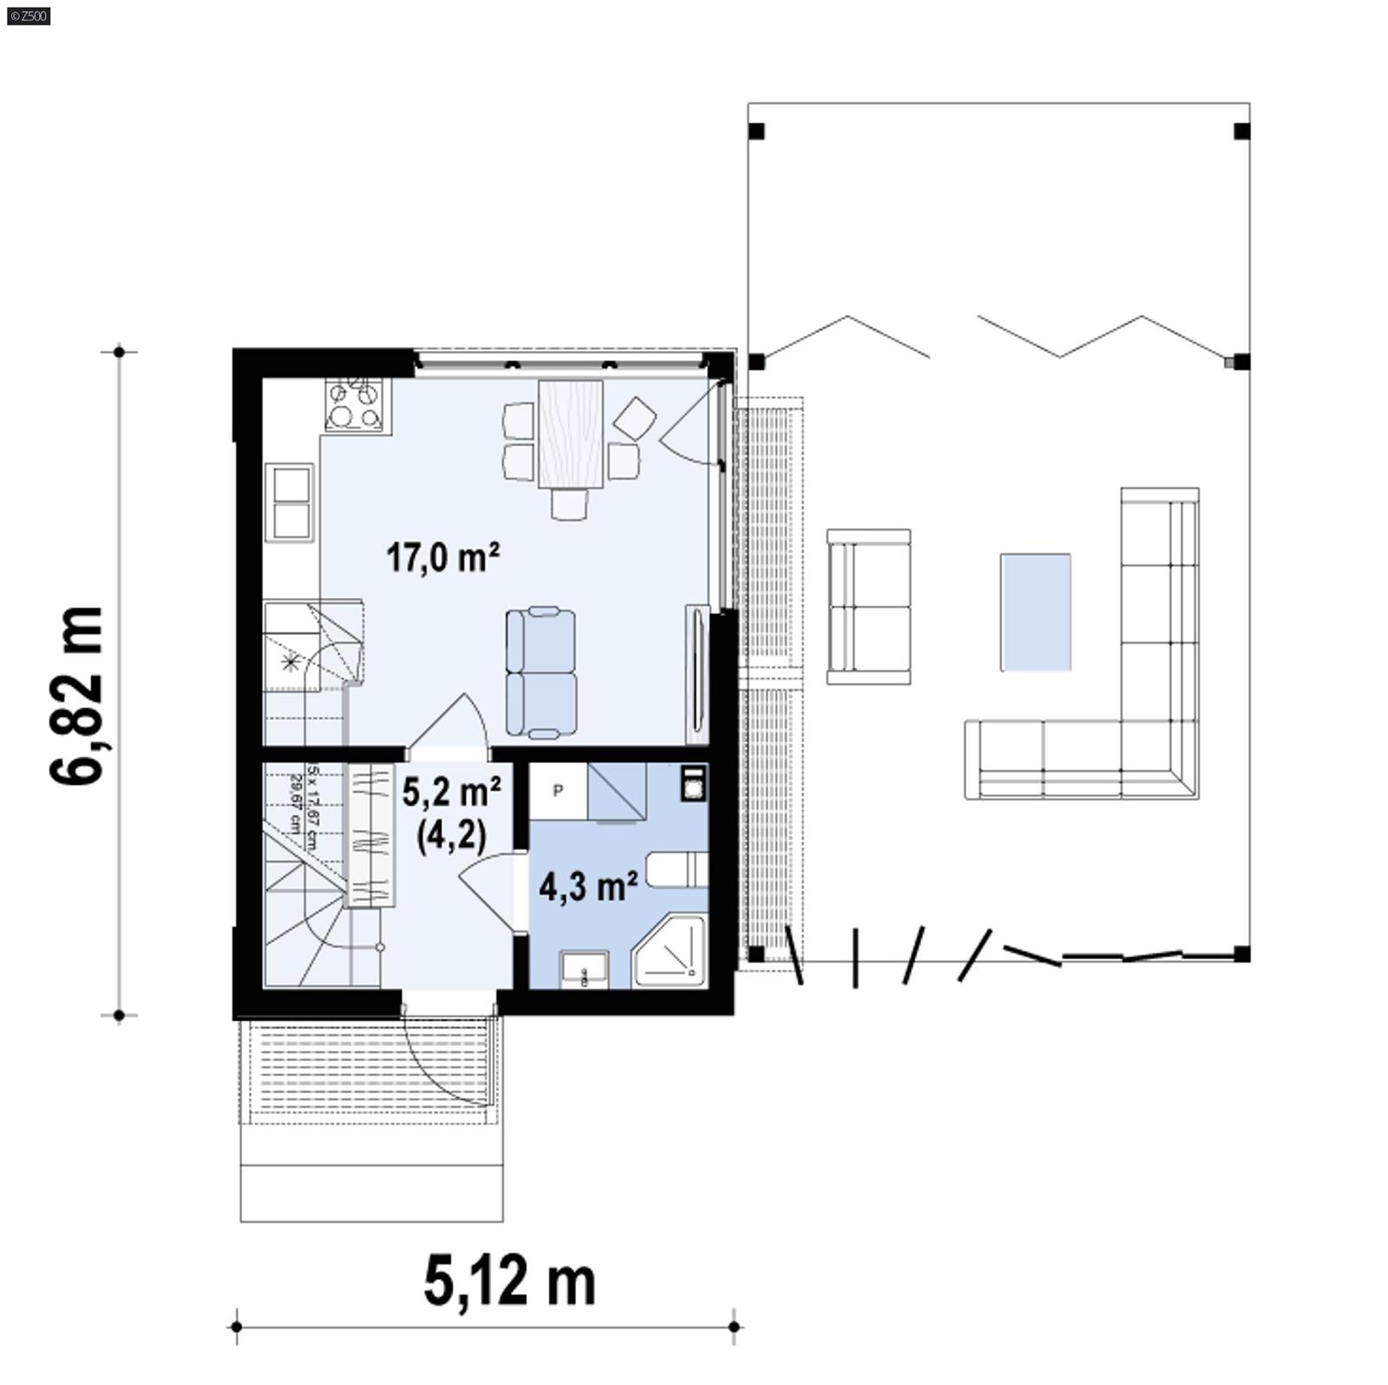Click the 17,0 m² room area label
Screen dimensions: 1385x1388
[x=442, y=557]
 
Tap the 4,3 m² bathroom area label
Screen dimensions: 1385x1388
[x=588, y=886]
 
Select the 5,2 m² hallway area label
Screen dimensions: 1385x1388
[x=451, y=793]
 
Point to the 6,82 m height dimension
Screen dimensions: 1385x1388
[x=77, y=694]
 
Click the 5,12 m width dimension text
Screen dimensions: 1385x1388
[x=509, y=1283]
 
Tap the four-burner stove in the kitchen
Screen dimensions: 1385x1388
[x=354, y=404]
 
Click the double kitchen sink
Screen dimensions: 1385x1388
[x=291, y=503]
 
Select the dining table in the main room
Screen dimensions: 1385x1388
[x=570, y=433]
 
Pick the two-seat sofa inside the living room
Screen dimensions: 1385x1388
[x=541, y=673]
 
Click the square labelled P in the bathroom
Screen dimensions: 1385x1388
[x=558, y=790]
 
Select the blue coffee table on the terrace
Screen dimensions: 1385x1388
[x=1035, y=612]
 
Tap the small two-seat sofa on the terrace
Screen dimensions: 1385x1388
[x=868, y=606]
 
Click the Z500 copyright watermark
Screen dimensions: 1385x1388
[x=28, y=16]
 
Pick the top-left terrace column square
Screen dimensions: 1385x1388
[x=756, y=132]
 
